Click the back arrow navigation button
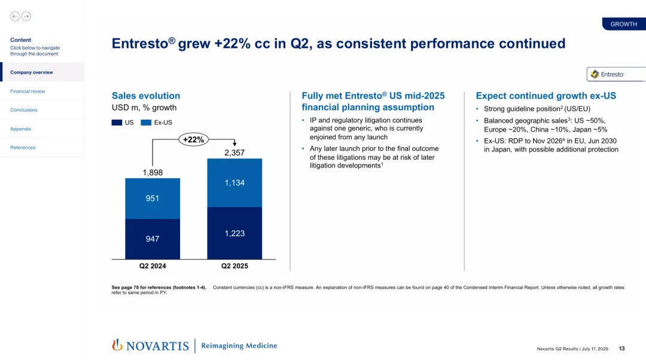pyautogui.click(x=15, y=16)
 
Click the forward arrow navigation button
pyautogui.click(x=26, y=16)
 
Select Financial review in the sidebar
pyautogui.click(x=28, y=91)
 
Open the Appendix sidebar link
pyautogui.click(x=20, y=129)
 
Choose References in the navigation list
pyautogui.click(x=23, y=148)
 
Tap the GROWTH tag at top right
pyautogui.click(x=623, y=24)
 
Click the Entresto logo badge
pyautogui.click(x=615, y=74)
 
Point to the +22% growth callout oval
pyautogui.click(x=194, y=140)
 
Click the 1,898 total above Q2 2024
pyautogui.click(x=153, y=173)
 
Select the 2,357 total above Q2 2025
pyautogui.click(x=234, y=153)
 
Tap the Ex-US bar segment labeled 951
pyautogui.click(x=153, y=199)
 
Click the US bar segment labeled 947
pyautogui.click(x=153, y=239)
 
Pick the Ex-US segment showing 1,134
pyautogui.click(x=234, y=183)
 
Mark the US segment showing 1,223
pyautogui.click(x=234, y=233)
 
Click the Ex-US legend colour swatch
pyautogui.click(x=146, y=123)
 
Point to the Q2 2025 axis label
pyautogui.click(x=234, y=266)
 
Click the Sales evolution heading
pyautogui.click(x=146, y=96)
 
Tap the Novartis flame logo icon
pyautogui.click(x=117, y=344)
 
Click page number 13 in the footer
pyautogui.click(x=621, y=349)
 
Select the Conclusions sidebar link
pyautogui.click(x=24, y=110)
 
